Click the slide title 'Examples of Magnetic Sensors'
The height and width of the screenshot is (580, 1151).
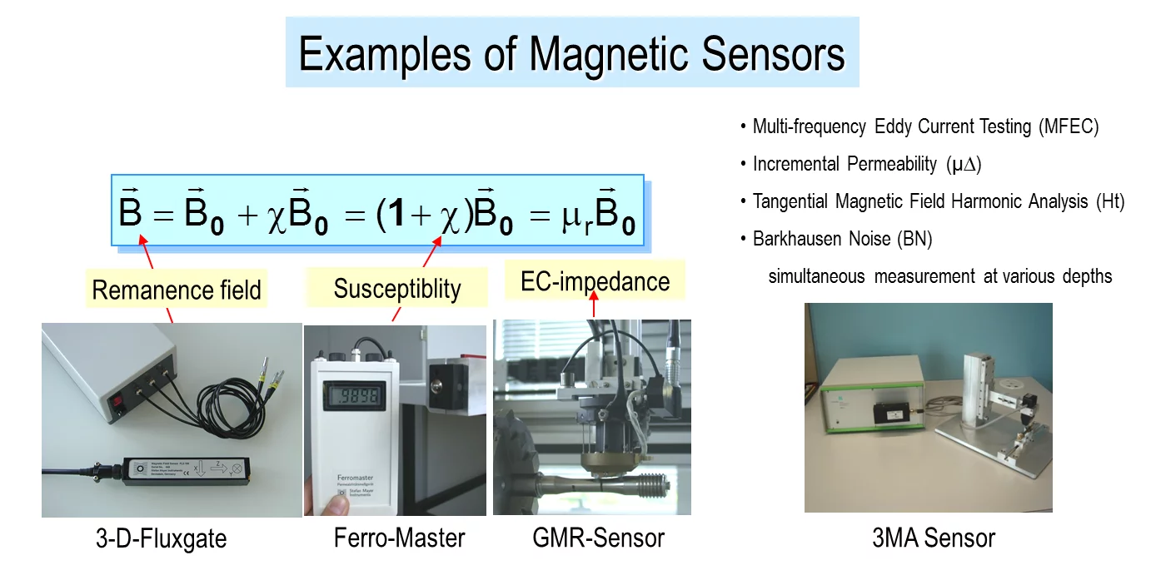[x=571, y=54]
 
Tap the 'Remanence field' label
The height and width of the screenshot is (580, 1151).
[x=177, y=290]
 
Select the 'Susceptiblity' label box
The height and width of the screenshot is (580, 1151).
[x=397, y=289]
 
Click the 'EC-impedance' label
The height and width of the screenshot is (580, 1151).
[x=595, y=281]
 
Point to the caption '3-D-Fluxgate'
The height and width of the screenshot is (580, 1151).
[x=160, y=539]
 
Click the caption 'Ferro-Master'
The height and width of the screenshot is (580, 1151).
[x=399, y=538]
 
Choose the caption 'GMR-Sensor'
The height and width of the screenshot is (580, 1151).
[x=598, y=538]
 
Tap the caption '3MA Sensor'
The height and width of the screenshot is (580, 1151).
[x=933, y=538]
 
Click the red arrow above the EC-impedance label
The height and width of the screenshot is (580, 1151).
[x=594, y=309]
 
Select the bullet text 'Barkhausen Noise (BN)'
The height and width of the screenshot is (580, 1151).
[x=842, y=240]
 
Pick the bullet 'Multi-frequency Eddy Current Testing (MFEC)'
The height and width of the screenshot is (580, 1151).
[x=925, y=126]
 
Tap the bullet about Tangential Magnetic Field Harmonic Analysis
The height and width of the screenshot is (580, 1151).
[x=938, y=201]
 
